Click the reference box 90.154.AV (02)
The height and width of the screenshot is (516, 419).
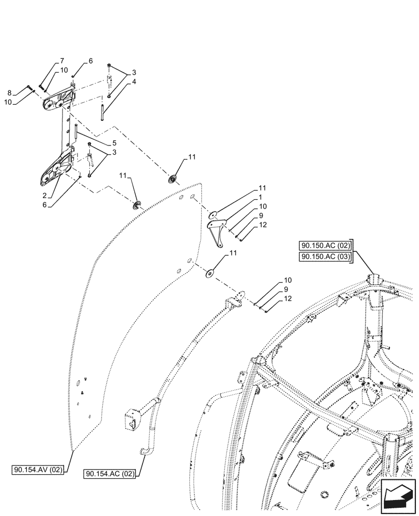pyautogui.click(x=38, y=470)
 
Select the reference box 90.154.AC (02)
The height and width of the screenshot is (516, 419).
pyautogui.click(x=111, y=473)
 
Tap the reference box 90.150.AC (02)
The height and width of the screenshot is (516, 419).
pyautogui.click(x=325, y=246)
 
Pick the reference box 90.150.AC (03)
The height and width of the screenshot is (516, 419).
pyautogui.click(x=325, y=256)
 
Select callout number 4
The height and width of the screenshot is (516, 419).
pyautogui.click(x=120, y=82)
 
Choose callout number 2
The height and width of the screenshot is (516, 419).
pyautogui.click(x=45, y=196)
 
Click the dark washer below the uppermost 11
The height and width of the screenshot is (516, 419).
pyautogui.click(x=172, y=179)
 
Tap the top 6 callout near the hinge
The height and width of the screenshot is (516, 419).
pyautogui.click(x=90, y=61)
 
